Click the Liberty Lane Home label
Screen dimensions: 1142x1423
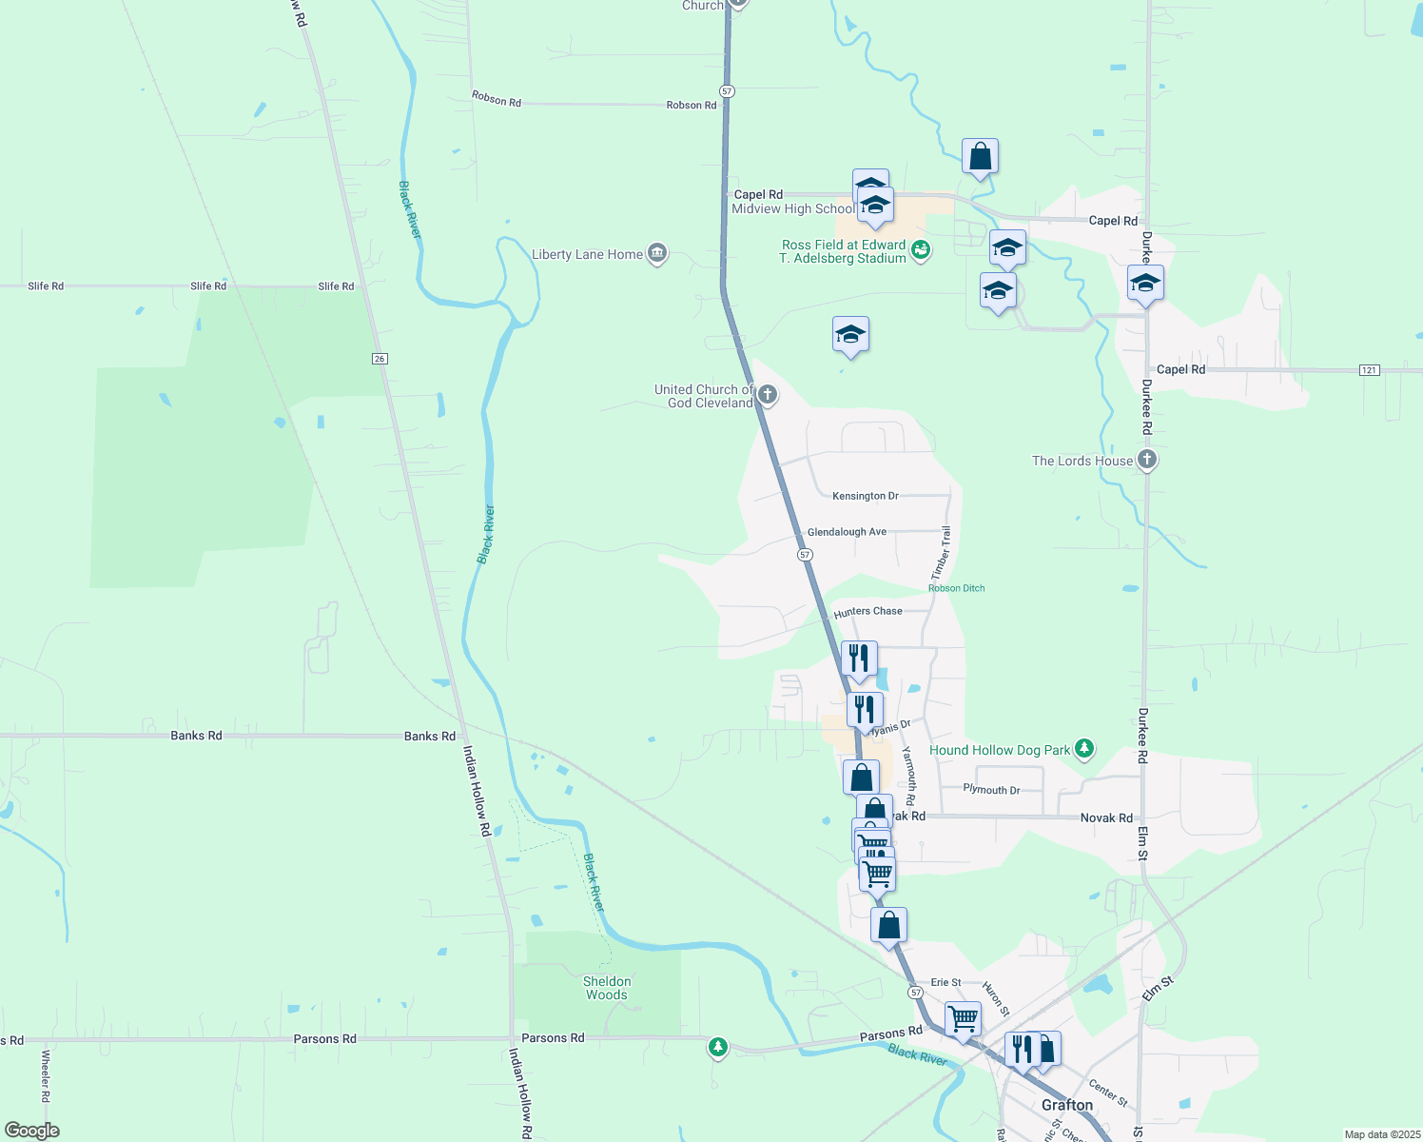(587, 255)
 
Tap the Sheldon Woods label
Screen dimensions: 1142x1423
(607, 988)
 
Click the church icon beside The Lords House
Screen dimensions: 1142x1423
(1147, 461)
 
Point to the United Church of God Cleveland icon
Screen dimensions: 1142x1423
(768, 395)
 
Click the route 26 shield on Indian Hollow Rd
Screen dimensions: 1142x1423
(380, 359)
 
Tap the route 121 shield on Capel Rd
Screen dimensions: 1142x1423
(1369, 370)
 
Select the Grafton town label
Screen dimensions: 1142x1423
(1067, 1105)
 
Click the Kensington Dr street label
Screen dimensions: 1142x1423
(865, 496)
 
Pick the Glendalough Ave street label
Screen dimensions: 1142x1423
(847, 532)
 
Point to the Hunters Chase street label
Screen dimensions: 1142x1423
(867, 612)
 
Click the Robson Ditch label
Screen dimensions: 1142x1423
(956, 588)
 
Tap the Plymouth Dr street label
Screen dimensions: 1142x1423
(991, 790)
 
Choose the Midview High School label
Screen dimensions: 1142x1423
(792, 209)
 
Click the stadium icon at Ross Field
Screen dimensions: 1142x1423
(920, 250)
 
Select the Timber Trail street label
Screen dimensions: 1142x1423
(941, 553)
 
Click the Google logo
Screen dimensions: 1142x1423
(31, 1130)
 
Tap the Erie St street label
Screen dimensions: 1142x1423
(945, 982)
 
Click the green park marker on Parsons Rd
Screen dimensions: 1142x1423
(718, 1048)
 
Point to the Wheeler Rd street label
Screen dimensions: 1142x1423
(45, 1075)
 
